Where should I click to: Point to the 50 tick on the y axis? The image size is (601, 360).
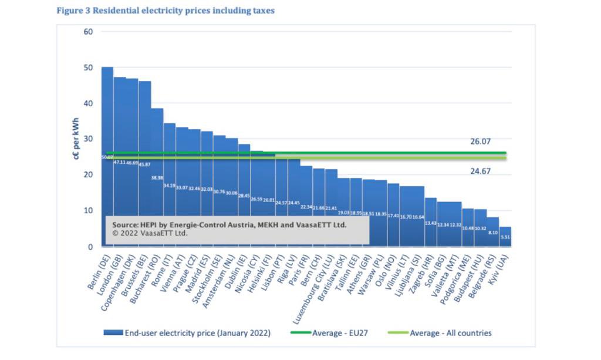89,68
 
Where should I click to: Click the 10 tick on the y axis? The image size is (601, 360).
89,211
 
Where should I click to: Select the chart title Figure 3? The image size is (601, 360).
166,11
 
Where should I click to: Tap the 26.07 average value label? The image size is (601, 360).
480,142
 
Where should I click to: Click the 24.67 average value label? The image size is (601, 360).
480,171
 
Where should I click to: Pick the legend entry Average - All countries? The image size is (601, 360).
450,333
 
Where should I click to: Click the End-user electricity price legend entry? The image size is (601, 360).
197,333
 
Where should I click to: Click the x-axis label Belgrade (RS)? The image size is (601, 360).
480,273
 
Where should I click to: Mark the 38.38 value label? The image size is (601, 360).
157,178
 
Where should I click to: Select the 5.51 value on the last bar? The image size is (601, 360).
505,236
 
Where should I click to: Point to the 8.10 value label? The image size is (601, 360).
492,233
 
